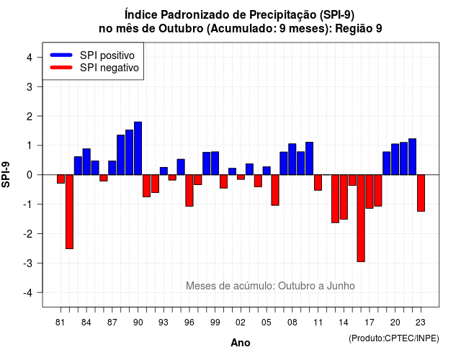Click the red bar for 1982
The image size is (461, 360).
(69, 212)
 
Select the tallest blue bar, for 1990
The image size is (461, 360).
(138, 148)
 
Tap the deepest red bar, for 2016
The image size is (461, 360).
(361, 218)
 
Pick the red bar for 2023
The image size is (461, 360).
(421, 193)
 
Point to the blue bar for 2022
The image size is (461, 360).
(412, 157)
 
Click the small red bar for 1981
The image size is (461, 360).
(61, 179)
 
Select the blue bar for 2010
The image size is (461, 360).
(309, 158)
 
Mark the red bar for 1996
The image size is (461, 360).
(189, 190)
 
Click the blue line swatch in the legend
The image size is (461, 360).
(61, 55)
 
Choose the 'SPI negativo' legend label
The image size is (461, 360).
(109, 68)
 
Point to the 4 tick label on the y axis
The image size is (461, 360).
(30, 57)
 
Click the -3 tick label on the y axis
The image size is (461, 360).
(27, 263)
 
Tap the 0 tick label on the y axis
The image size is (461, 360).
(30, 175)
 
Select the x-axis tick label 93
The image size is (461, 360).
(164, 323)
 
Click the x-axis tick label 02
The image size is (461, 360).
(241, 323)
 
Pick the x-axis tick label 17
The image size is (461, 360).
(370, 323)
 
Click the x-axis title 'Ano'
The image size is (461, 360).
(240, 343)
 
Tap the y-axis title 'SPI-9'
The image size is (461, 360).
(6, 174)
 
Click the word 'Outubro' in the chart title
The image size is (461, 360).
(181, 29)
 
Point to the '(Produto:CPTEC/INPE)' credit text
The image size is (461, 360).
(394, 338)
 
